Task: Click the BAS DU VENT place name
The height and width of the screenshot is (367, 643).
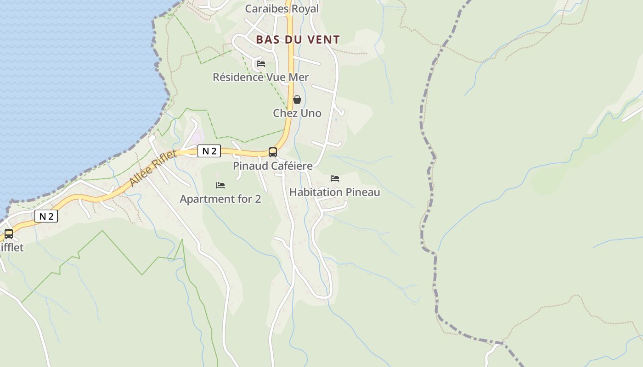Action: [298, 40]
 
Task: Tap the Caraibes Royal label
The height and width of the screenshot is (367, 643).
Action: [282, 9]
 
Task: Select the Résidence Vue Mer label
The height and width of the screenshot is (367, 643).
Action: [260, 77]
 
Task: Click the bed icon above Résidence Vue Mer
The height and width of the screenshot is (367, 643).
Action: [261, 63]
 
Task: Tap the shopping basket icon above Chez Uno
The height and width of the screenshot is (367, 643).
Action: [297, 99]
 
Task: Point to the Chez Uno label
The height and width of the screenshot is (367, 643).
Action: [297, 113]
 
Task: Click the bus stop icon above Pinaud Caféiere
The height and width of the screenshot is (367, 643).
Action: [273, 152]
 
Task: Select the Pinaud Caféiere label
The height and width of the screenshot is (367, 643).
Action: [273, 166]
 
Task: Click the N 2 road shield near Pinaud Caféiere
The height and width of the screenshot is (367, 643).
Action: [209, 151]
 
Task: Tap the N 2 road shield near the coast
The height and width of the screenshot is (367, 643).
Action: [46, 216]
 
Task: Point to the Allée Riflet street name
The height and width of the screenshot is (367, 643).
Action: [152, 168]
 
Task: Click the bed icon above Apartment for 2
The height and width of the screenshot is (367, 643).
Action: [220, 185]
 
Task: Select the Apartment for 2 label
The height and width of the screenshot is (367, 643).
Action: [220, 199]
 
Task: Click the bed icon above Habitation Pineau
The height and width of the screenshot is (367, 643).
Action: [335, 178]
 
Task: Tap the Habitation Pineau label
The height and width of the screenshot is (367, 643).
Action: [335, 192]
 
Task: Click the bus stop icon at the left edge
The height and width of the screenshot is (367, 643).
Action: [9, 234]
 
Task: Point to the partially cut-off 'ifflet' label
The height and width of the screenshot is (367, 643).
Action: [11, 248]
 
